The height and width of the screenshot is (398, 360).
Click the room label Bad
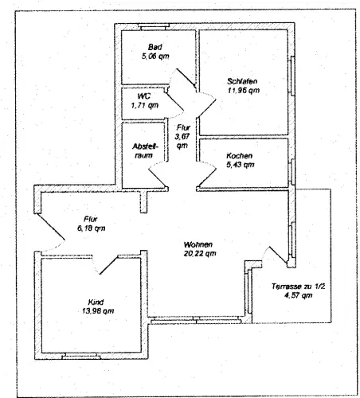(155, 47)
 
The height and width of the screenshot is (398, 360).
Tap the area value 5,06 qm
(155, 57)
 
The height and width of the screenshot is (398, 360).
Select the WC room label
(144, 96)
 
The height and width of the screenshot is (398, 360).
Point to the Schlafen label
(242, 81)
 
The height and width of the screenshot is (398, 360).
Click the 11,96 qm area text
(244, 90)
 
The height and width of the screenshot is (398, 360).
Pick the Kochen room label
(239, 155)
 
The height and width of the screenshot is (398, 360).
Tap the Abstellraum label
(145, 150)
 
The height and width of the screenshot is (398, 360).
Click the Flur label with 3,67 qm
(183, 127)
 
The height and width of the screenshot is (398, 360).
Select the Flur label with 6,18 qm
(91, 219)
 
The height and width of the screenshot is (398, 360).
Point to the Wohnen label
(198, 244)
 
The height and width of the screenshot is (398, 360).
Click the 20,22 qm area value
(200, 253)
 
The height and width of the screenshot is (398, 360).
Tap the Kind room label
(96, 302)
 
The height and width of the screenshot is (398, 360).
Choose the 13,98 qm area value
(98, 310)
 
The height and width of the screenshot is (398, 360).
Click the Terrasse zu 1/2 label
(298, 287)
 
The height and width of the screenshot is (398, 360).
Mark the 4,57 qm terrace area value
(298, 295)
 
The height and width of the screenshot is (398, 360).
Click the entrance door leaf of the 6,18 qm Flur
(50, 226)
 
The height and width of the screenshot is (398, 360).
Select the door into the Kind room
(108, 265)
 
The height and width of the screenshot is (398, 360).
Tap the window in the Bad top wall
(154, 26)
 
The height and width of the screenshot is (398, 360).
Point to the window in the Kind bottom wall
(81, 357)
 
